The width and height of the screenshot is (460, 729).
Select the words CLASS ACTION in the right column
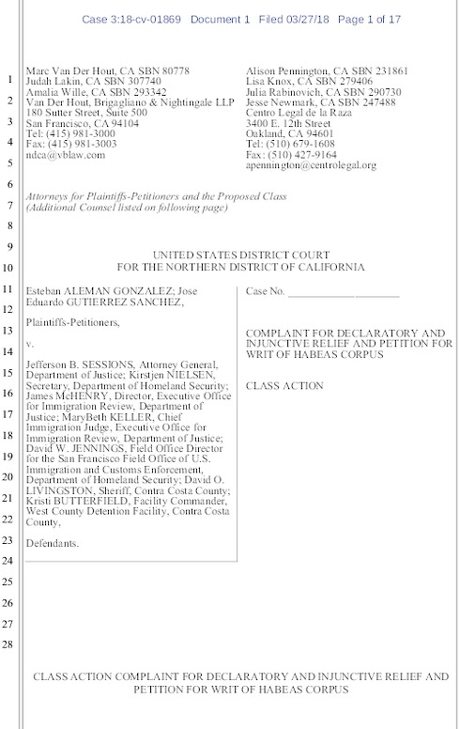tap(284, 386)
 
